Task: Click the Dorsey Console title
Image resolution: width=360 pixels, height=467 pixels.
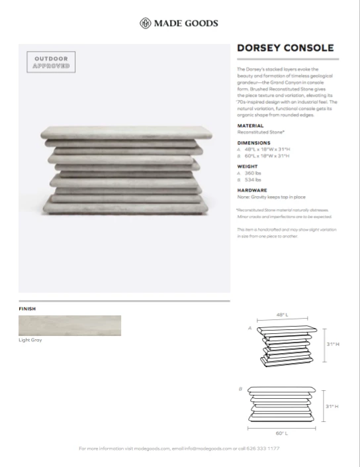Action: point(285,48)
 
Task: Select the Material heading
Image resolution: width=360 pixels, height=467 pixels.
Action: point(249,126)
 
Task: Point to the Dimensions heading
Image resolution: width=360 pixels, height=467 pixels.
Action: point(253,142)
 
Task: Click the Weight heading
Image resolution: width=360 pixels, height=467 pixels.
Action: point(247,166)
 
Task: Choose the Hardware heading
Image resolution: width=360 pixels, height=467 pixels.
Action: point(251,190)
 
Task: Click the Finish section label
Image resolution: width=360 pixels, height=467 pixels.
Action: point(27,309)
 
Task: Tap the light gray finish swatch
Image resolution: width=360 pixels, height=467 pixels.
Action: point(69,325)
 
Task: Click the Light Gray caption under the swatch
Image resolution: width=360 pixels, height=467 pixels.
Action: point(30,340)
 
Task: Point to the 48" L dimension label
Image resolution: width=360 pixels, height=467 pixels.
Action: point(283,315)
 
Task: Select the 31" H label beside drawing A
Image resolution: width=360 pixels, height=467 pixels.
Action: point(332,344)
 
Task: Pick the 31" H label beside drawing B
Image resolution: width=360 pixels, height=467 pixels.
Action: point(332,405)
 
